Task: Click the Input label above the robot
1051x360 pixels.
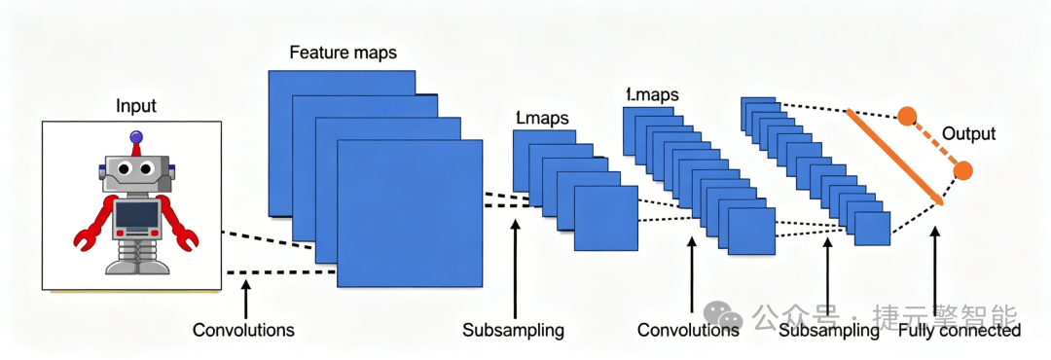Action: (136, 107)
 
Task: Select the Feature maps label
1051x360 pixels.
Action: (344, 53)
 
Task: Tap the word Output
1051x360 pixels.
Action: (969, 134)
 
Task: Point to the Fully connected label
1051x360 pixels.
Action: (960, 331)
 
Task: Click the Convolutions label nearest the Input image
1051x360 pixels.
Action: (243, 331)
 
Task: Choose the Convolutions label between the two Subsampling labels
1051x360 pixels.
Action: (688, 331)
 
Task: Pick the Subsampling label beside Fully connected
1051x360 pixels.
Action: (830, 331)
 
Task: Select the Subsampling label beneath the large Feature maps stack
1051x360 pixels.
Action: (514, 331)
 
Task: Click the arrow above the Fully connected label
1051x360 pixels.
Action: (936, 272)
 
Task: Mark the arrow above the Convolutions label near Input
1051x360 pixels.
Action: (246, 300)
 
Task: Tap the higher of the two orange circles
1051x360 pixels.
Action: (907, 116)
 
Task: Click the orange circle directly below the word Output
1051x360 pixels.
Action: (962, 170)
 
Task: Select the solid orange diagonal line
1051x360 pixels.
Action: (895, 157)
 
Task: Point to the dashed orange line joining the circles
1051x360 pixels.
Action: (935, 143)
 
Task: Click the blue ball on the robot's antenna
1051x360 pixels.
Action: (136, 137)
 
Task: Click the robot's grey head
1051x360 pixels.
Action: (137, 170)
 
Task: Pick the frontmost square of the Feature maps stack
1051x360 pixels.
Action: (410, 214)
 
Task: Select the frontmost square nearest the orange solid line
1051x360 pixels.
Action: (872, 229)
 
